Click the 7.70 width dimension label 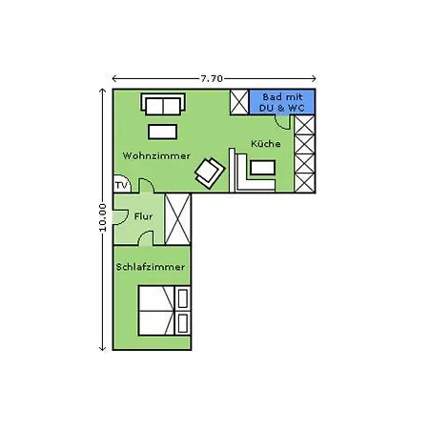pos(212,78)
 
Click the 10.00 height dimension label pos(102,217)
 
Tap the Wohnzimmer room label pos(156,156)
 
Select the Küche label pos(266,144)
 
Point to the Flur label pos(143,216)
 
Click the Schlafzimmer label pos(151,267)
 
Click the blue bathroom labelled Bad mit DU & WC pos(282,102)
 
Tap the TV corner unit pos(122,184)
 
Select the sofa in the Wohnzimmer pos(163,104)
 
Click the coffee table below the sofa pos(162,132)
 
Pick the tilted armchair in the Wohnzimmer pos(210,174)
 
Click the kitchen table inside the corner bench pos(262,168)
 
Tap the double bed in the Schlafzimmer pos(156,311)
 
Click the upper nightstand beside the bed pos(183,298)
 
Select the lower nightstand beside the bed pos(183,323)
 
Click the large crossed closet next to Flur pos(178,219)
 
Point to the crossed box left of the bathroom pos(239,102)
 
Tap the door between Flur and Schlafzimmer pos(146,238)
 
